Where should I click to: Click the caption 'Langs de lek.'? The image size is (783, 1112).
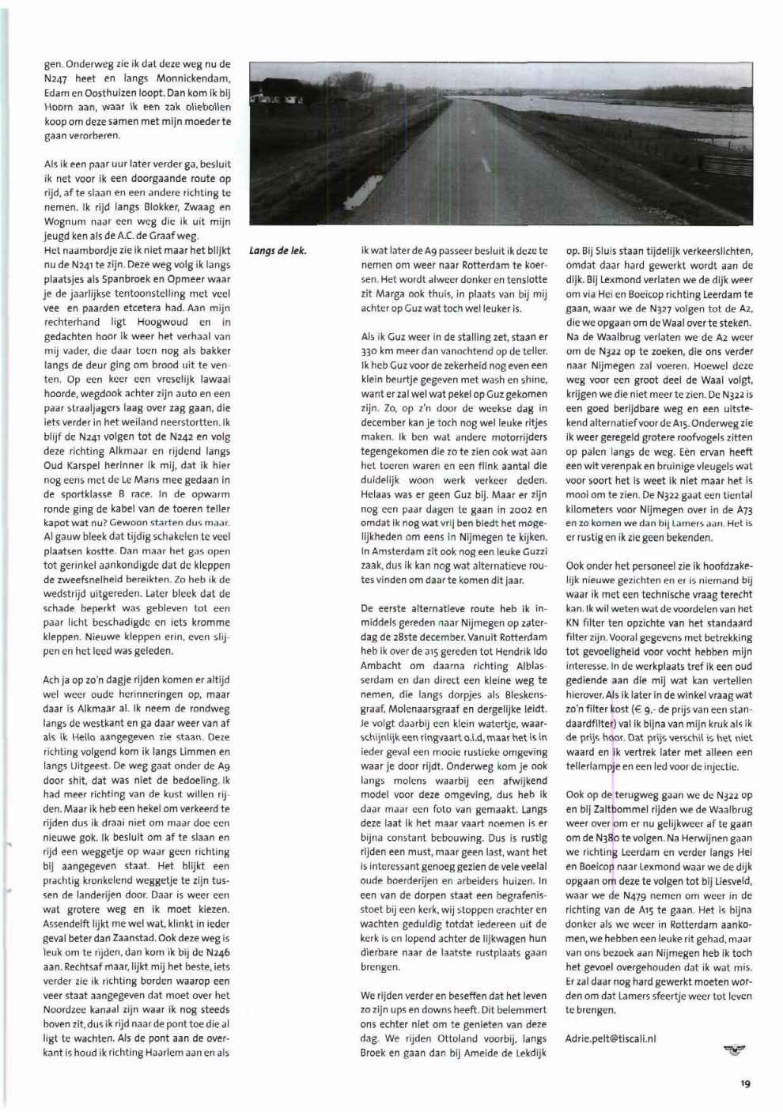[278, 252]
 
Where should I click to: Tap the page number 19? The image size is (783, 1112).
[745, 1084]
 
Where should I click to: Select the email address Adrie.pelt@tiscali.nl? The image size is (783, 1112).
[611, 1038]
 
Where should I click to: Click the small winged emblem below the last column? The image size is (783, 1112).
[735, 1050]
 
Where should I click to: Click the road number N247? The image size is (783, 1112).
[58, 79]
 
